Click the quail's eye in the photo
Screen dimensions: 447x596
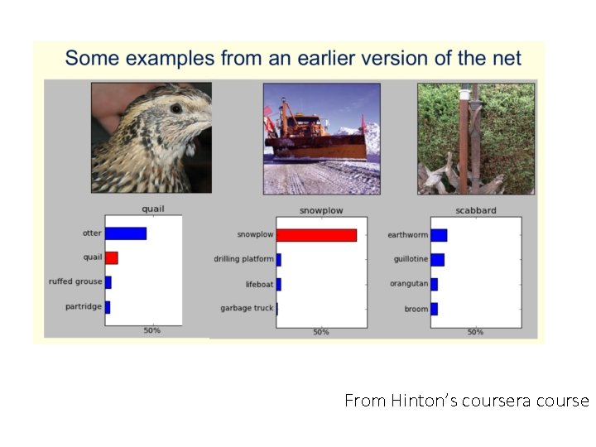tap(175, 108)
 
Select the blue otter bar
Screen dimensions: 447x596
tap(126, 233)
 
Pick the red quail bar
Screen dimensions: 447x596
tap(111, 257)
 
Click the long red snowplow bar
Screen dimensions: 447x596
tap(316, 235)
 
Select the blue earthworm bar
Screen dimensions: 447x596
tap(439, 235)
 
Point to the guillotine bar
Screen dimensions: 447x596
tap(437, 259)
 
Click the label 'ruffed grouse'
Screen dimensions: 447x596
tap(75, 282)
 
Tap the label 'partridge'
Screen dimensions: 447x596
tap(83, 307)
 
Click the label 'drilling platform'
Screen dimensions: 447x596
tap(243, 259)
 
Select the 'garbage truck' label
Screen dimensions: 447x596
tap(247, 309)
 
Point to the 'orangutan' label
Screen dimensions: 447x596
tap(409, 284)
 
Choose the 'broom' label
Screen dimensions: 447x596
tap(416, 309)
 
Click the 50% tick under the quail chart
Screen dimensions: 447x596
tap(152, 331)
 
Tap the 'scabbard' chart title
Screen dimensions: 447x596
tap(476, 210)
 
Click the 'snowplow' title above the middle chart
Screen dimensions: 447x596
tap(321, 210)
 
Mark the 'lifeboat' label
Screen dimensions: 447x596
tap(258, 284)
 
